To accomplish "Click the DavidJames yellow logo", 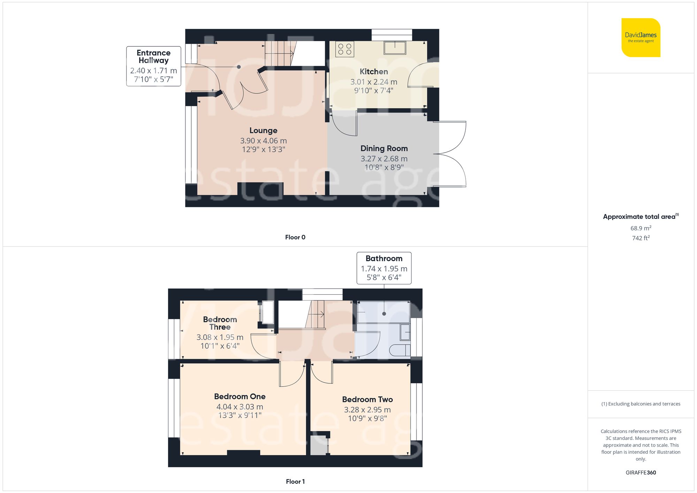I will pos(641,38).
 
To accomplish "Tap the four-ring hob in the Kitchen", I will pos(345,49).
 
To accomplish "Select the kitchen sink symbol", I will pos(395,48).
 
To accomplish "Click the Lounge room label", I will pos(263,130).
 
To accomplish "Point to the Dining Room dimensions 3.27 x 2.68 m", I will pos(384,159).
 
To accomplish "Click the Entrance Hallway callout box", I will pos(153,66).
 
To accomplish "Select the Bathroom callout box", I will pos(384,268).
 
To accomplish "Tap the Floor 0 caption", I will pos(295,237).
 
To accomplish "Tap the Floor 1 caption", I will pos(295,482).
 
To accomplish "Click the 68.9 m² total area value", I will pos(641,228).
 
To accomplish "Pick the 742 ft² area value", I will pos(641,238).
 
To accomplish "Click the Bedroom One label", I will pos(240,396).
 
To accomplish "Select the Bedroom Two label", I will pos(367,399).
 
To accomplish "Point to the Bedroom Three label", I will pos(220,323).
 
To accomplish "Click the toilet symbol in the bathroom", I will pos(399,350).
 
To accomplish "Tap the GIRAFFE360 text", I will pos(641,472).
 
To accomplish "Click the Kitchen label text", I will pos(374,71).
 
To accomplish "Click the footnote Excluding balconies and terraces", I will pos(641,404).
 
